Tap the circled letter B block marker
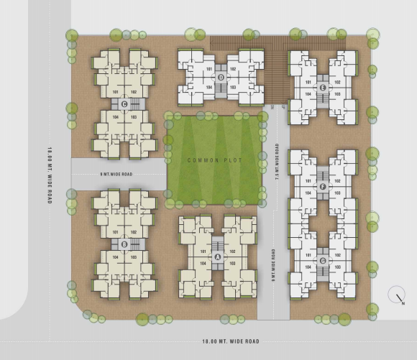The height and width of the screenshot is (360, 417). [x=125, y=244]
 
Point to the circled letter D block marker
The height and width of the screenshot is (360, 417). [x=220, y=78]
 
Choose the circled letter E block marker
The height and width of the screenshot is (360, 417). [x=323, y=88]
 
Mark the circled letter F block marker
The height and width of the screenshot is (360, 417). [x=323, y=187]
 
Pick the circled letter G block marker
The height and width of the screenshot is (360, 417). [x=323, y=260]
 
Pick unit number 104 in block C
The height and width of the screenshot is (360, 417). [x=116, y=116]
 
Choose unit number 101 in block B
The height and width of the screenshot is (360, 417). [x=116, y=232]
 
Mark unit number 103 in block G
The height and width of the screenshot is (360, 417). [x=336, y=267]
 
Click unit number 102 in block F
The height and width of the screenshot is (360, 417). [x=336, y=181]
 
